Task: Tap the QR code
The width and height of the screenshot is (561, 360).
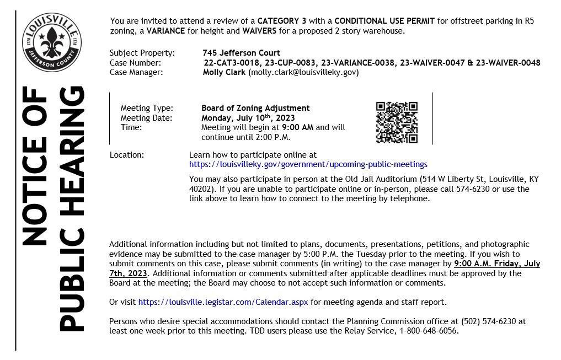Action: (396, 122)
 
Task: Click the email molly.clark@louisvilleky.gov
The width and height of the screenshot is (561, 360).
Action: (303, 72)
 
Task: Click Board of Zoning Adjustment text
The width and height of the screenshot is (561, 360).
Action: (255, 108)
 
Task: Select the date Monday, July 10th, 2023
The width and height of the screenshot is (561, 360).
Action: (248, 117)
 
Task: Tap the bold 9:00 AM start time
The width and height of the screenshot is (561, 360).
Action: (298, 127)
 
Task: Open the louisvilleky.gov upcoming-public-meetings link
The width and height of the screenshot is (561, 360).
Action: (308, 164)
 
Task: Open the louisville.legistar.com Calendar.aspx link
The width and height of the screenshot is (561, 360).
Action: (223, 302)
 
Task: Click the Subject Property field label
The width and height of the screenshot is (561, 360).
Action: (142, 53)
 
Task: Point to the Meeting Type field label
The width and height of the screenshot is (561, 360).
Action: (146, 108)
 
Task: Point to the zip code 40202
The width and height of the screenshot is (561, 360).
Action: (200, 189)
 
